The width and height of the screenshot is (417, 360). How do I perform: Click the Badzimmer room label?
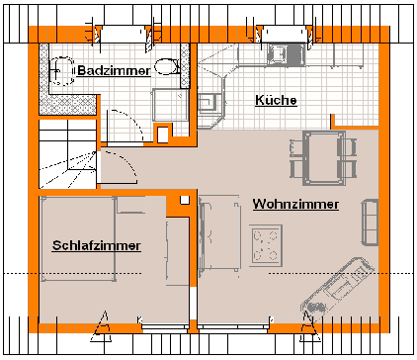click(114, 71)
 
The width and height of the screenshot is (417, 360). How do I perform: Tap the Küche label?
click(276, 100)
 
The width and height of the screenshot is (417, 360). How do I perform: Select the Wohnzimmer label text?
click(295, 204)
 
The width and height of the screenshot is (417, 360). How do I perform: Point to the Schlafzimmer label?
click(97, 246)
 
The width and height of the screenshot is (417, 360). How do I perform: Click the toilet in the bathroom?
click(167, 66)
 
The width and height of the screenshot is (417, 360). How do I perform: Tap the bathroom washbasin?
click(61, 71)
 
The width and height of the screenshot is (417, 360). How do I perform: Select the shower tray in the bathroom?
click(170, 105)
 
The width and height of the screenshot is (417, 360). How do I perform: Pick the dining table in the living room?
click(324, 158)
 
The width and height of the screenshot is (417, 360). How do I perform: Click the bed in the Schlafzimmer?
click(78, 239)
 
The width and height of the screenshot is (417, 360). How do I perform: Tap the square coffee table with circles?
click(266, 245)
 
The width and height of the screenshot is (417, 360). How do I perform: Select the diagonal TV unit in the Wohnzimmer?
click(338, 289)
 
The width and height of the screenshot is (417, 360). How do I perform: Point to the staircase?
click(67, 154)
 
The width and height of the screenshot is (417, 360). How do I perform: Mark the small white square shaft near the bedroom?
click(185, 200)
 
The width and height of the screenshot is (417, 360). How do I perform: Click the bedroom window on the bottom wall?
click(165, 326)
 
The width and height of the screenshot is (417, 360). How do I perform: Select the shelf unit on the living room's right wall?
click(370, 223)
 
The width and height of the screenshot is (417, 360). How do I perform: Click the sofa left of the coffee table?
click(218, 234)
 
